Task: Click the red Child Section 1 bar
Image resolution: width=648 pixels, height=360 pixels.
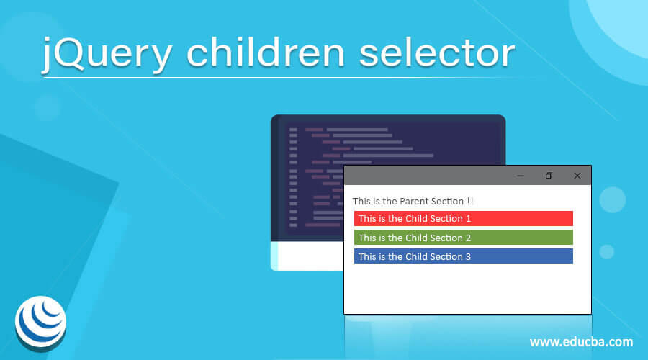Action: click(x=463, y=218)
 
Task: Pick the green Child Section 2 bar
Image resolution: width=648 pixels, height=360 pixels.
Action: click(x=463, y=238)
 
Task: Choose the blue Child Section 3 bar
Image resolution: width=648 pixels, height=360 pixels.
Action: click(x=463, y=256)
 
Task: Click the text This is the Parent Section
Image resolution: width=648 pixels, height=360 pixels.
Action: click(x=408, y=201)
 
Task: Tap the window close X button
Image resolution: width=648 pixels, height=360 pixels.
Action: click(x=577, y=176)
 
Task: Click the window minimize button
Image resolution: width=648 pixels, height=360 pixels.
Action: click(x=521, y=176)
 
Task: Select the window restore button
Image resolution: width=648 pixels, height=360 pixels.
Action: click(x=549, y=176)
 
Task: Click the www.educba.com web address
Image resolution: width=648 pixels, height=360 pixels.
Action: click(x=581, y=341)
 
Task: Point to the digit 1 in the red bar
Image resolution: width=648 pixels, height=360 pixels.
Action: click(x=469, y=218)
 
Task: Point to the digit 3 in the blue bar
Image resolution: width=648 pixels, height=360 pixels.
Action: click(x=468, y=256)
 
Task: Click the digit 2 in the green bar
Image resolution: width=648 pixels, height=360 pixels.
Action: click(x=468, y=238)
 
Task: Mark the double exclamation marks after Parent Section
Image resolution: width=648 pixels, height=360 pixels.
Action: click(x=470, y=201)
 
